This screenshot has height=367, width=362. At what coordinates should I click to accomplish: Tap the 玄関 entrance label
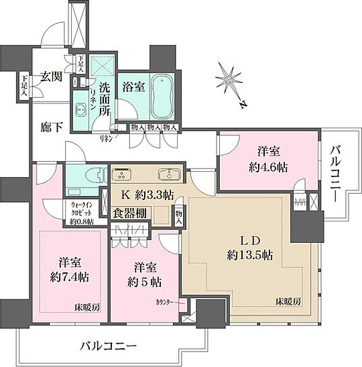50,76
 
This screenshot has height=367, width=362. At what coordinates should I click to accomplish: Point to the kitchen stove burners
123,174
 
